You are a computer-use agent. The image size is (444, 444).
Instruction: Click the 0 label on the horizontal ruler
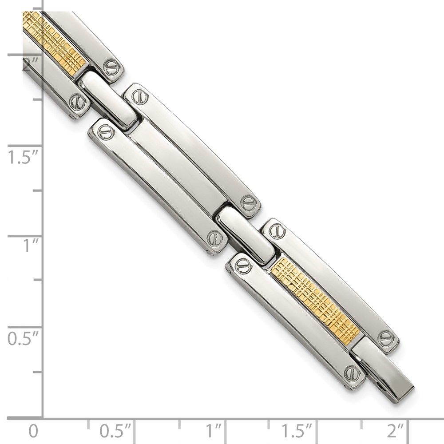click(33, 431)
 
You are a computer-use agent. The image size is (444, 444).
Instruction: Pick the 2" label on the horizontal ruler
click(395, 431)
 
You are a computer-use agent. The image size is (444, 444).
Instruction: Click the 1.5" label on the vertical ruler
click(23, 157)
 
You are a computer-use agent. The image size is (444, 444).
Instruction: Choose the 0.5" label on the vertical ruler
click(23, 339)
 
